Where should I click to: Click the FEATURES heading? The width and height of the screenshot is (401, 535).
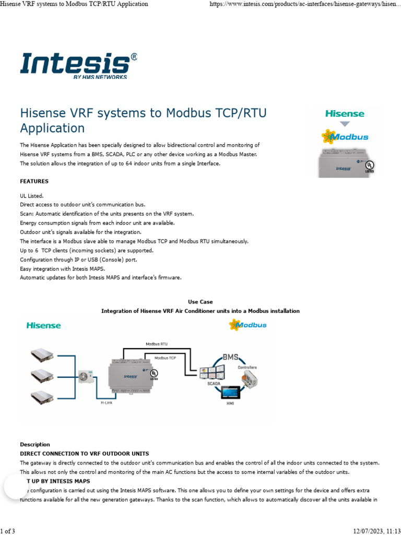[34, 181]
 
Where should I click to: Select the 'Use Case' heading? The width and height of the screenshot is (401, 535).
[200, 302]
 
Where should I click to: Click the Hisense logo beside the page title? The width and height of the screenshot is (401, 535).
[345, 113]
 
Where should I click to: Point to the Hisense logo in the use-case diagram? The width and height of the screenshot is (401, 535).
[44, 325]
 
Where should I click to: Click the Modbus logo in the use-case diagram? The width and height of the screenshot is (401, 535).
[248, 325]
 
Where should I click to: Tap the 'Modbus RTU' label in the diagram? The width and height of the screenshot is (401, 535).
[157, 344]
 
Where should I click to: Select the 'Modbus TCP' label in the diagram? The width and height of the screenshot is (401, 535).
[165, 358]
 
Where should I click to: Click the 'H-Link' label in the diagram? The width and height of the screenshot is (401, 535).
[107, 403]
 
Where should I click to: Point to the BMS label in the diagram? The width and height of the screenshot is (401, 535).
[230, 357]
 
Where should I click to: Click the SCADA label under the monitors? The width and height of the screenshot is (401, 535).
[214, 383]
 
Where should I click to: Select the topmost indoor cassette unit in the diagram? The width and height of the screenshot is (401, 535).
[42, 355]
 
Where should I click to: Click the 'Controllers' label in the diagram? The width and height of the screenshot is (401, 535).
[247, 367]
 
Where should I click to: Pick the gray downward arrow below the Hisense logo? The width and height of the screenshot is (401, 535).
[345, 124]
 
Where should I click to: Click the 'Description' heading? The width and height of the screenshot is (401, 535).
[35, 445]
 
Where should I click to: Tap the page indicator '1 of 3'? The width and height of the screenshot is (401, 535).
[8, 531]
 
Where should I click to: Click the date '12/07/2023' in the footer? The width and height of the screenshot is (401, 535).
[368, 531]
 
